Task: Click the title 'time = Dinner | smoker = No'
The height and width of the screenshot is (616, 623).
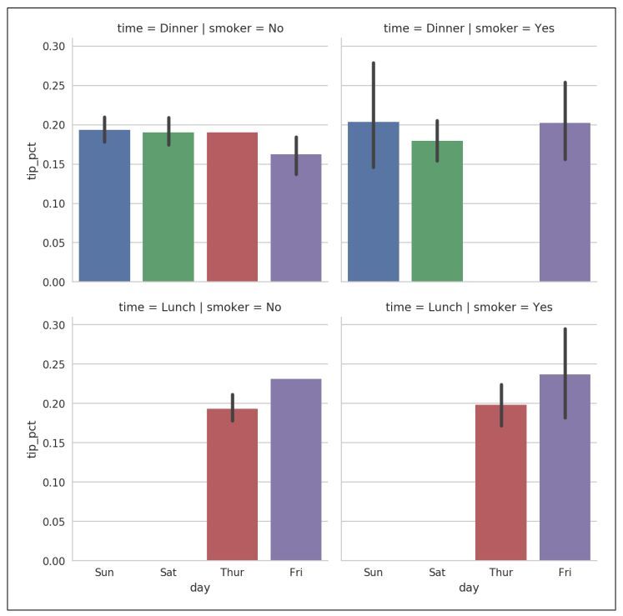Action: point(200,28)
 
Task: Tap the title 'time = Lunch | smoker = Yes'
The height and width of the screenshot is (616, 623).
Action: point(469,308)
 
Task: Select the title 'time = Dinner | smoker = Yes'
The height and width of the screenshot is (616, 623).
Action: point(469,28)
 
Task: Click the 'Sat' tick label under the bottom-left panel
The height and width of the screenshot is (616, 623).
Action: point(168,573)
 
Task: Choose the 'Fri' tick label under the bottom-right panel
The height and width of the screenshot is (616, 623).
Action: point(565,573)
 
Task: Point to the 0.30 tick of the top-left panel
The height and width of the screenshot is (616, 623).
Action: point(53,46)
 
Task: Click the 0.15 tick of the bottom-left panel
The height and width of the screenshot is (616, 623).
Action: point(53,443)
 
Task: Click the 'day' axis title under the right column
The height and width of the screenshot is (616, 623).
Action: point(469,588)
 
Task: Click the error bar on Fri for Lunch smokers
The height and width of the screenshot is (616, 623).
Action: point(565,373)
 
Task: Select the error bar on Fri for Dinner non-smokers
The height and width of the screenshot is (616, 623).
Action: point(296,155)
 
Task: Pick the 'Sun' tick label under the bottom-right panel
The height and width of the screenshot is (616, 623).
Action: point(373,573)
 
